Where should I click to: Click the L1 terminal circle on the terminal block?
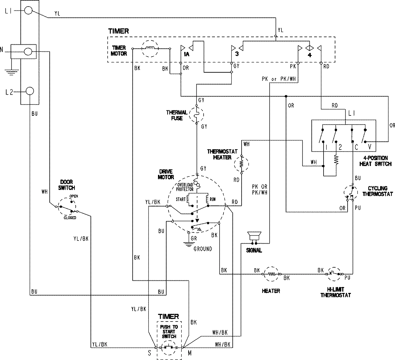point(29,11)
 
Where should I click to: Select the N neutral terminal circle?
point(29,52)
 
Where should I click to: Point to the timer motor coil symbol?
point(150,49)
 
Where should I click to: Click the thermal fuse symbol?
point(197,114)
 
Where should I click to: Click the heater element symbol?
point(272,274)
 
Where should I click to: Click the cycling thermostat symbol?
point(351,194)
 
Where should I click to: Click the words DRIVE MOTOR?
point(166,175)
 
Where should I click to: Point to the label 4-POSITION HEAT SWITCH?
point(375,161)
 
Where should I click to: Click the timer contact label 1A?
point(186,54)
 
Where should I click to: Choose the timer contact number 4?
point(309,55)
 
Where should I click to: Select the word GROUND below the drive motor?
point(203,249)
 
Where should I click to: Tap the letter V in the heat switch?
point(369,147)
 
